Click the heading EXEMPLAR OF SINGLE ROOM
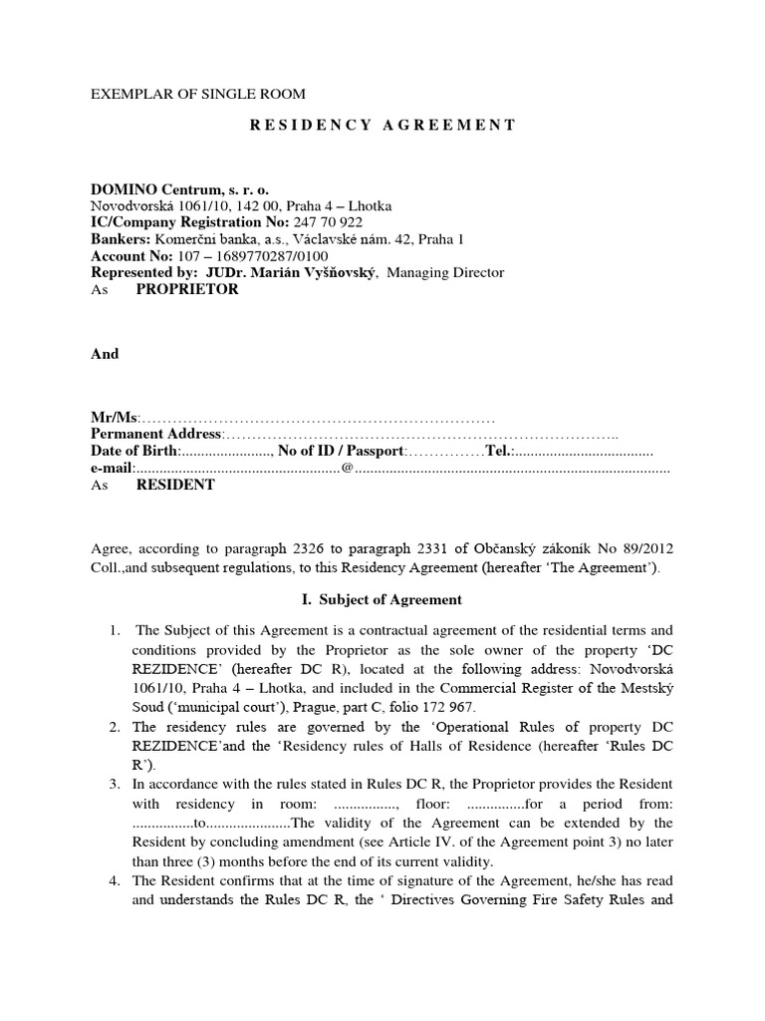pos(198,94)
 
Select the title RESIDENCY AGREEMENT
pos(382,125)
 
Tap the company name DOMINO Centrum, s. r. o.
pos(179,189)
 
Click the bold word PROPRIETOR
pos(187,290)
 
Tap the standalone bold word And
pos(105,353)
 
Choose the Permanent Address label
pos(156,435)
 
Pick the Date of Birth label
pos(133,452)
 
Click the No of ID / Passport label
pos(341,452)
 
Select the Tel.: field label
pos(499,452)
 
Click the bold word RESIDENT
pos(175,485)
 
